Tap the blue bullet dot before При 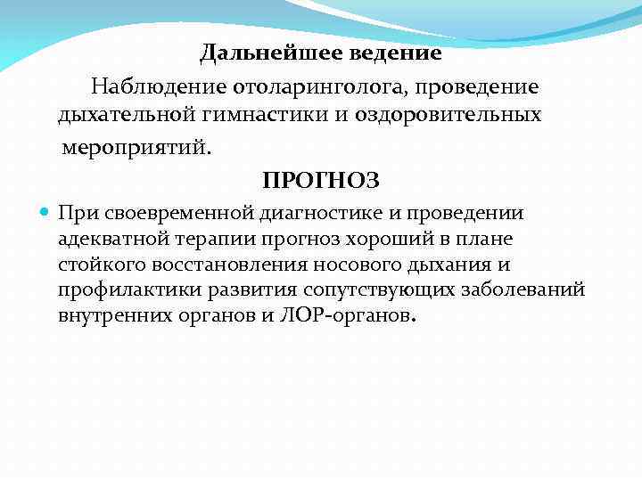[45, 214]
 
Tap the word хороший [374, 240]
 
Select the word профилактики [121, 290]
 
